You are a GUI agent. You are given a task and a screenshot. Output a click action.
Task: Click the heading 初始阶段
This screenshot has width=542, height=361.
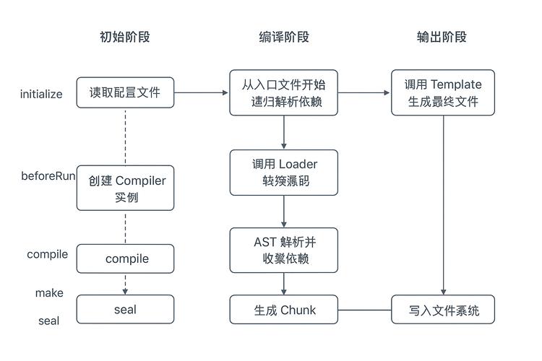point(125,37)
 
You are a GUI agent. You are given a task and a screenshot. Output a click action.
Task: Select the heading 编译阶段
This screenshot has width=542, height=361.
point(284,37)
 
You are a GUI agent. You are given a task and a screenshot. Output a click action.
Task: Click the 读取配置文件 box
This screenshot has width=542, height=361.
point(125,92)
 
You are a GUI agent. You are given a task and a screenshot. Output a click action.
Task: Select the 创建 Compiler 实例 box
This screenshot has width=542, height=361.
point(125,188)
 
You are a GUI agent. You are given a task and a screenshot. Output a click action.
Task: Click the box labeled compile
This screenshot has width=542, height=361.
point(125,258)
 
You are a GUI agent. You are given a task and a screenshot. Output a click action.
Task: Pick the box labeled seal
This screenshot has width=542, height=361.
point(125,310)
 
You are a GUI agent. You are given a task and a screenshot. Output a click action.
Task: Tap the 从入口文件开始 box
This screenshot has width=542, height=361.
point(284,92)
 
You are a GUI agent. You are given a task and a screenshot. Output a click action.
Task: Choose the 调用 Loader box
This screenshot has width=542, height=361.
point(284,173)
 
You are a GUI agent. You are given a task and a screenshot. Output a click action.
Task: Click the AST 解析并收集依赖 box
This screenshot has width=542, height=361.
point(284,251)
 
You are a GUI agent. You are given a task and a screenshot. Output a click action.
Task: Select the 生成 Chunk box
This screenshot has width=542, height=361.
point(284,310)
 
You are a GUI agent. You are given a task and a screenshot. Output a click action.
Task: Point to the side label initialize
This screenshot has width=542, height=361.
point(41,94)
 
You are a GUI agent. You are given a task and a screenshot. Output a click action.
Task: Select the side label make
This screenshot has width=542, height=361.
point(49,293)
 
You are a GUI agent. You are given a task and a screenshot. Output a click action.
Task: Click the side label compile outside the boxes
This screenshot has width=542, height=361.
point(47,254)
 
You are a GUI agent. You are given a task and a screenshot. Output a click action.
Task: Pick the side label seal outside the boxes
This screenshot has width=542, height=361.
point(48,321)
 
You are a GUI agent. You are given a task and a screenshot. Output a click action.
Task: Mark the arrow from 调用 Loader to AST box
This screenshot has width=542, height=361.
point(284,212)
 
